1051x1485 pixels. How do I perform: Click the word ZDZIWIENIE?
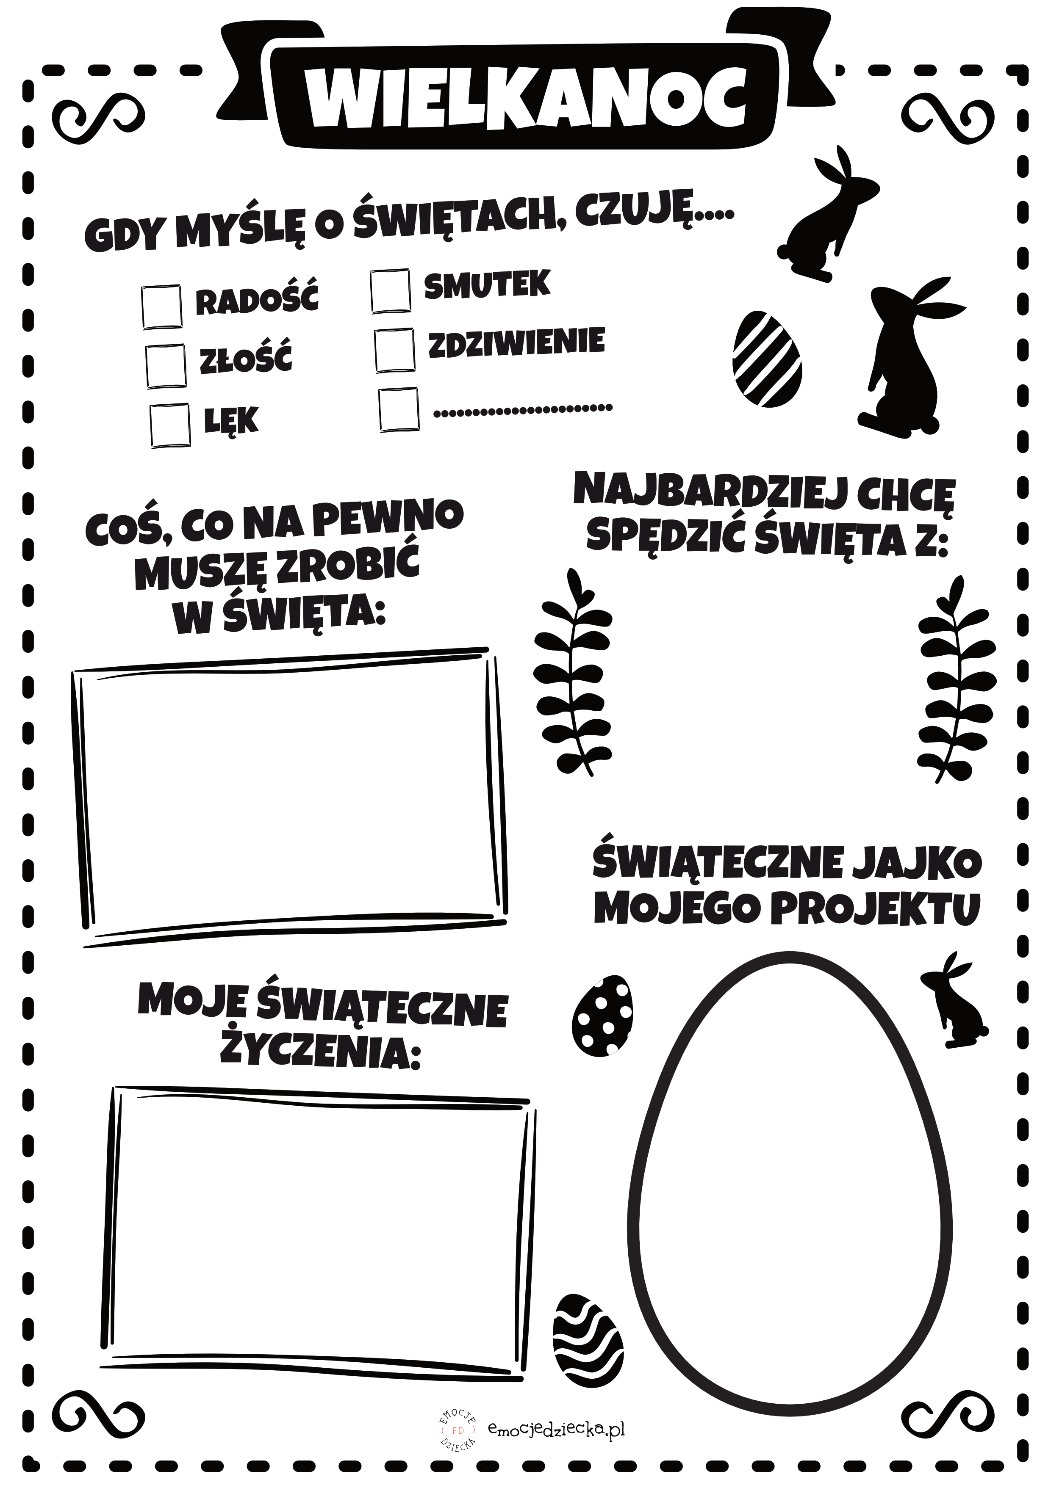pyautogui.click(x=516, y=342)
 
